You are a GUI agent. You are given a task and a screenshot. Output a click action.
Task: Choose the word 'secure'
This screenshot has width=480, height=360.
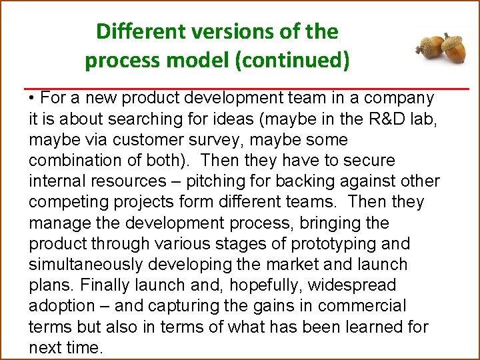(x=367, y=161)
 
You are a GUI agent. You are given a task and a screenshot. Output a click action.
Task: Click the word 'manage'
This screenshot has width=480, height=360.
(x=58, y=223)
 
